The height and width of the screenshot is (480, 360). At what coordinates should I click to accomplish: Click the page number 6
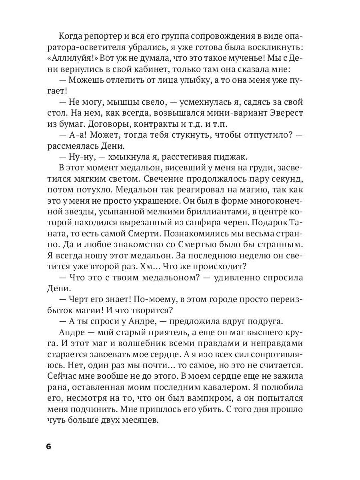(49, 447)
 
